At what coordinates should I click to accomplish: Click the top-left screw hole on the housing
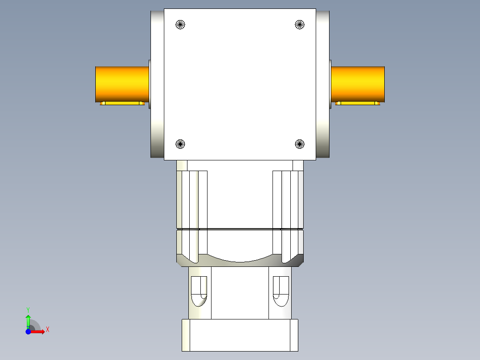[180, 25]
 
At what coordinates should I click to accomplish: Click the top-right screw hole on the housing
[300, 25]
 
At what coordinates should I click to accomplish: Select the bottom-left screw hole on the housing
[180, 144]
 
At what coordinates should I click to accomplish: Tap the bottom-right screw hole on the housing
[300, 144]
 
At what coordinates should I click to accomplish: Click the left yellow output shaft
[122, 84]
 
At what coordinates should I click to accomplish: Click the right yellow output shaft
[358, 84]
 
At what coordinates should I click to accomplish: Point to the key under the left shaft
[122, 103]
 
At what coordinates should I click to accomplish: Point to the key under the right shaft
[358, 103]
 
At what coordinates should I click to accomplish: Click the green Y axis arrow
[28, 320]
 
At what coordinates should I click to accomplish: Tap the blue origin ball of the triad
[28, 332]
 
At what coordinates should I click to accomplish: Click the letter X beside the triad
[48, 330]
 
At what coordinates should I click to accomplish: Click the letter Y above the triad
[28, 309]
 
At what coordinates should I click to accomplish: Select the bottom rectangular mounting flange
[240, 335]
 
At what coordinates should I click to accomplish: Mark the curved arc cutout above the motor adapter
[240, 258]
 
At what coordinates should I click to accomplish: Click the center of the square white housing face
[240, 84]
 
